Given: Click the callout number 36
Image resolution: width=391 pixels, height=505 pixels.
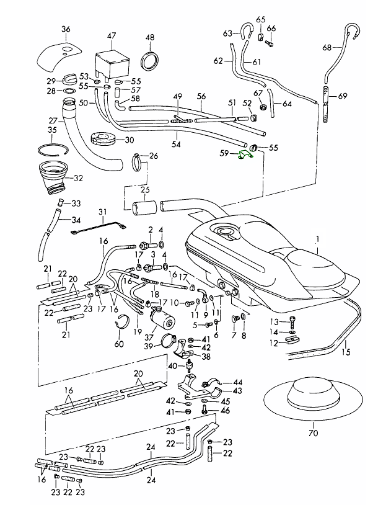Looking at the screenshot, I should pos(66,29).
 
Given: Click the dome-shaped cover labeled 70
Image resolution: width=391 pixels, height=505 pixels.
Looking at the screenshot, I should pos(312,395).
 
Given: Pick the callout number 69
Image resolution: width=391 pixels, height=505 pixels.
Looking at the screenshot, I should pos(343,96).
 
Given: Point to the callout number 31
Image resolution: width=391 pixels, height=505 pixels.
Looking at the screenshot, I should pos(102,212).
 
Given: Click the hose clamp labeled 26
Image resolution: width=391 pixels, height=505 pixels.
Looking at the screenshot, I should pos(140,164).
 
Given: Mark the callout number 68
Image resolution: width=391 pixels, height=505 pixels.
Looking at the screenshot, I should pos(327,47).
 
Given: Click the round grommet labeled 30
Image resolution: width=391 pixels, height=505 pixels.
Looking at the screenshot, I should pos(104,138).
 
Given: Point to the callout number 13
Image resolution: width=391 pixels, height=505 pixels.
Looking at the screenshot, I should pos(275,321).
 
